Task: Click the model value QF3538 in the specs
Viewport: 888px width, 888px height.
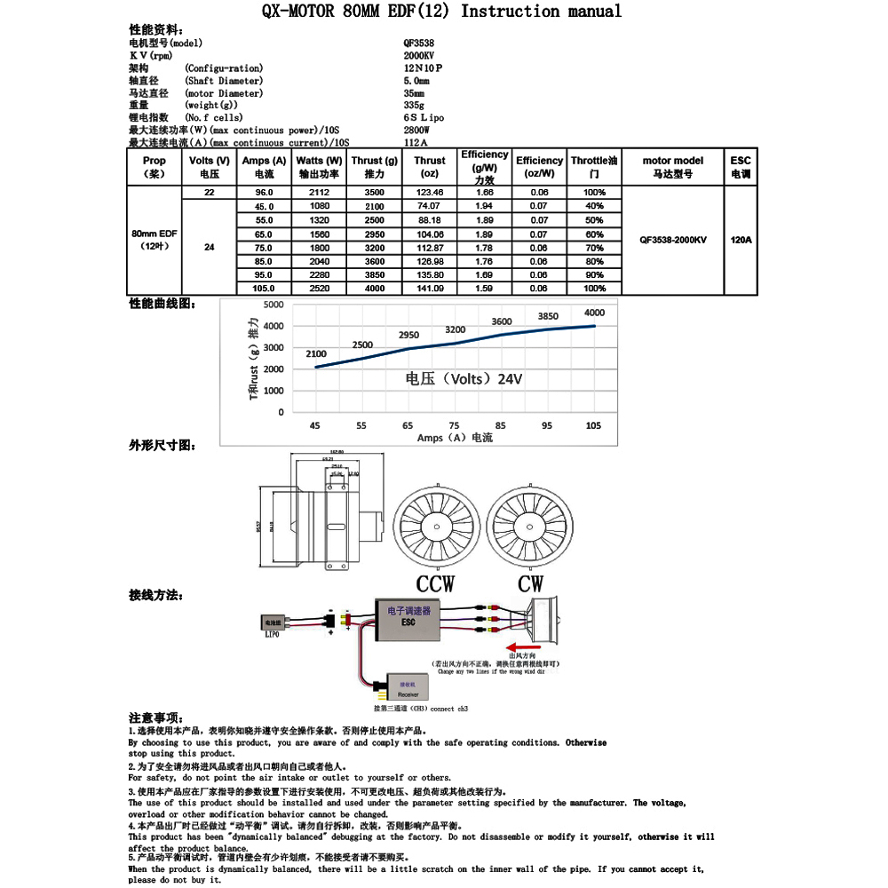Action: (419, 43)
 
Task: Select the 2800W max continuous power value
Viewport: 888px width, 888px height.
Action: (416, 130)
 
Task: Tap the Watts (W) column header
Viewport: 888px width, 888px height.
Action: (319, 167)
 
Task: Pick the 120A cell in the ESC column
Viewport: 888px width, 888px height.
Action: (741, 240)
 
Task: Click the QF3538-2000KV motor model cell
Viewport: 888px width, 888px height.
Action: (673, 240)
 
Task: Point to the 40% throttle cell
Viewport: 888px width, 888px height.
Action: (594, 206)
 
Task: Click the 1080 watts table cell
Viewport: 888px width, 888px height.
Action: (319, 206)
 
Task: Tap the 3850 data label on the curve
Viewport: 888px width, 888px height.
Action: (548, 316)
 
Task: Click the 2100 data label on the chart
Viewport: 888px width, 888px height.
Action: (316, 353)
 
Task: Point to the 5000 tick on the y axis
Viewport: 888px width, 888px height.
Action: (274, 305)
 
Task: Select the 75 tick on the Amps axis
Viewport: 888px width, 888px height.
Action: (455, 425)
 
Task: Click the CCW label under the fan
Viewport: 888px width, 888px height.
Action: (435, 583)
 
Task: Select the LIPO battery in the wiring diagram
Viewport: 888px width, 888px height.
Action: (273, 622)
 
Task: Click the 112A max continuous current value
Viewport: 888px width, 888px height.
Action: (416, 142)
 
